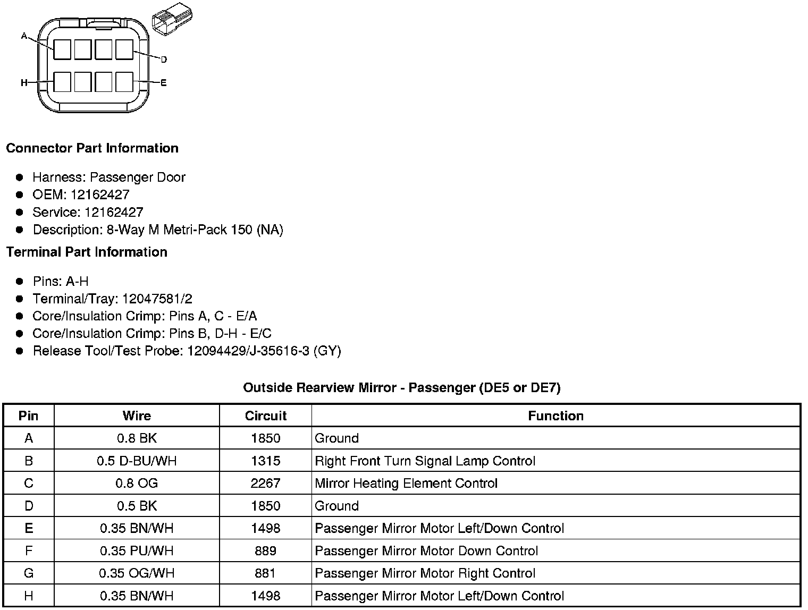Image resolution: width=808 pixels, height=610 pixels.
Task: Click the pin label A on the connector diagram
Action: coord(24,36)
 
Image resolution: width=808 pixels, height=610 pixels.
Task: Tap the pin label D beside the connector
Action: coord(164,59)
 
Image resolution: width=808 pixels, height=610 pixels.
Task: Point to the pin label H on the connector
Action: coord(24,83)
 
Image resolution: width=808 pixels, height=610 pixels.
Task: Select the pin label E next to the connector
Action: coord(164,83)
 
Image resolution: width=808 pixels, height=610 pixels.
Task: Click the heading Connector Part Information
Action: coord(92,148)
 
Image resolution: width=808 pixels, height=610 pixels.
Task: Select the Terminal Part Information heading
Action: coord(87,252)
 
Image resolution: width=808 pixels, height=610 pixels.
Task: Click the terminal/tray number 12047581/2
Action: coord(157,299)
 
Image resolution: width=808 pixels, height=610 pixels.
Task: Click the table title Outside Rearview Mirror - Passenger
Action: coord(401,387)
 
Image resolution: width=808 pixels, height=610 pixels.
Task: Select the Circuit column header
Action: coord(265,416)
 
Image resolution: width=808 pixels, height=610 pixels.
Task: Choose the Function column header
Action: coord(555,416)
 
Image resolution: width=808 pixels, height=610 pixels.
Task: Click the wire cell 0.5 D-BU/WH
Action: coord(137,461)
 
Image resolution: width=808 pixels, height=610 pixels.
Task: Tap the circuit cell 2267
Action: coord(265,483)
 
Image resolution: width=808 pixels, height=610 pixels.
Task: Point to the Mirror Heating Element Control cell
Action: coord(406,483)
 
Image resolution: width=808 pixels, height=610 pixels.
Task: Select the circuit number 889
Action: coord(265,550)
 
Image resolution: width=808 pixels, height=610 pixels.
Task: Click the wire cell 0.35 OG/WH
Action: coord(137,573)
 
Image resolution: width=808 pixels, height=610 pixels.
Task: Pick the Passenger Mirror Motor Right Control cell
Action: coord(425,573)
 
